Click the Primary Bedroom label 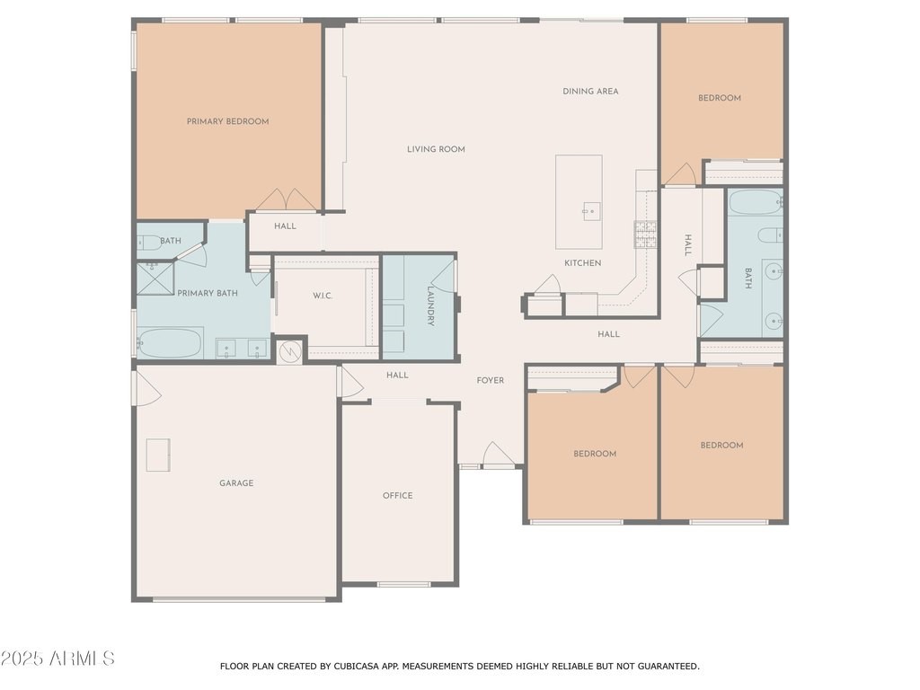[x=227, y=121]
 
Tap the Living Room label [x=436, y=149]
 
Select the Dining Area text [x=590, y=91]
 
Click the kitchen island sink [x=591, y=210]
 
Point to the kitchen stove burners [x=645, y=234]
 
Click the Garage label [x=236, y=482]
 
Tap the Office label [x=397, y=495]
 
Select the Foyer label [x=490, y=380]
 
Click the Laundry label [x=430, y=305]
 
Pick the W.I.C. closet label [x=323, y=296]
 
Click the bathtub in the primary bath [x=170, y=342]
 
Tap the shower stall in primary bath [x=155, y=279]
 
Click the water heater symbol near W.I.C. [x=289, y=351]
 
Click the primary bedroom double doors [x=287, y=199]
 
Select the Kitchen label [x=582, y=263]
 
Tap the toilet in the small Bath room [x=150, y=241]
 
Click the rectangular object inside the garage [x=158, y=455]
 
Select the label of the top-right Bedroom [x=720, y=98]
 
